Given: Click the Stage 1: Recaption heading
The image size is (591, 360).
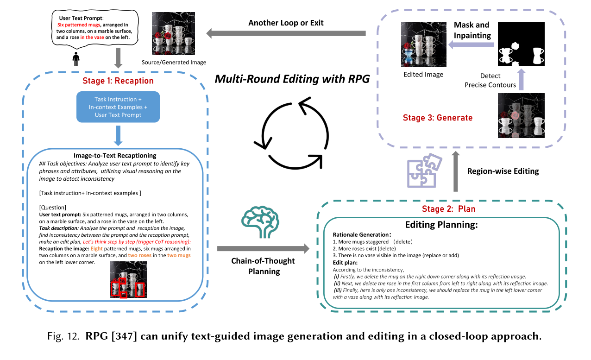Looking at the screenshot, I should click(118, 81).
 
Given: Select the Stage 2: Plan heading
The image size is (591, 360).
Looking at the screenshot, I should click(442, 209).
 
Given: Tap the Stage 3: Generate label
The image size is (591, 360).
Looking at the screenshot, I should click(438, 118).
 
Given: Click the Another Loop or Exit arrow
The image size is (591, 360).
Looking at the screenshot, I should click(286, 33).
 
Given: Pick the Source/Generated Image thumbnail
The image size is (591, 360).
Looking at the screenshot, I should click(173, 34).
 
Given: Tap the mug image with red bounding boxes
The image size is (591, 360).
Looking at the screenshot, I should click(128, 279).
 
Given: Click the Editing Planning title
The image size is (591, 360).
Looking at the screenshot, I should click(441, 225).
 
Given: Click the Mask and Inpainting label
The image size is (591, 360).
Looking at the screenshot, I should click(472, 30).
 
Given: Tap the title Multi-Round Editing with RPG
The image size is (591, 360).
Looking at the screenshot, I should click(292, 79).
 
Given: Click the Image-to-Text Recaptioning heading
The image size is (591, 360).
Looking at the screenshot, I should click(114, 156).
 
